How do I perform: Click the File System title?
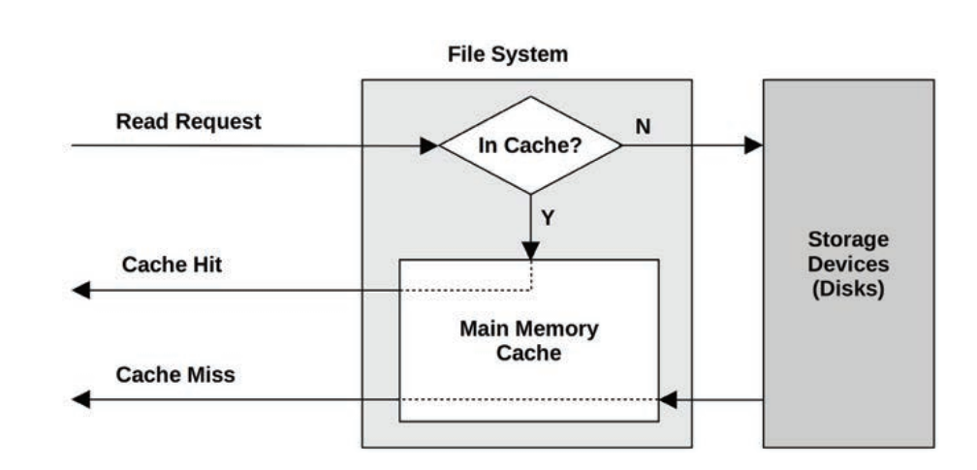click(507, 55)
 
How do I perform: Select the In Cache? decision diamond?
click(530, 146)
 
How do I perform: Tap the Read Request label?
click(188, 122)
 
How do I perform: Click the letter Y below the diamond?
click(548, 219)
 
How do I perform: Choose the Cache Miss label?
click(175, 374)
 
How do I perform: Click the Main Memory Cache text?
click(528, 340)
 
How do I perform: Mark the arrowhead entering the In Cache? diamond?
click(429, 146)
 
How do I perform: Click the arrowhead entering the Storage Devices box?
click(753, 146)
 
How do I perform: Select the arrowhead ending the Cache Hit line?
click(81, 290)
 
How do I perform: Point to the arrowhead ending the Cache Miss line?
click(81, 399)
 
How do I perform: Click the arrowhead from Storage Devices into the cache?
click(668, 399)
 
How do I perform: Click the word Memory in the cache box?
click(562, 329)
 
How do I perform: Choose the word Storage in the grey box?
click(848, 239)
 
